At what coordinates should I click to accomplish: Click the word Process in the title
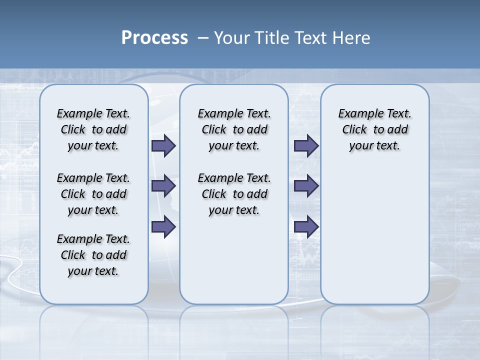[x=154, y=38]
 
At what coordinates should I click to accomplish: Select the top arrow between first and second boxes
[x=163, y=145]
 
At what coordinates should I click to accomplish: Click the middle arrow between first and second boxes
[x=163, y=186]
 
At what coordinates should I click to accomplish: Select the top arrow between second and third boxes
[x=306, y=145]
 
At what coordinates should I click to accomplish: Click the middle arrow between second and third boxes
[x=306, y=186]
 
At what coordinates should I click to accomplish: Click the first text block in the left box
[x=93, y=129]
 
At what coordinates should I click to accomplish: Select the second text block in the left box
[x=93, y=194]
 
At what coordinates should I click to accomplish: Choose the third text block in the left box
[x=93, y=255]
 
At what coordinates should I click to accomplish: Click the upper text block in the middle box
[x=234, y=129]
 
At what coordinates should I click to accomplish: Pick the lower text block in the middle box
[x=234, y=194]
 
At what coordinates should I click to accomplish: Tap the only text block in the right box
[x=374, y=129]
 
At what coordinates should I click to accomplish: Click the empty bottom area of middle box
[x=234, y=265]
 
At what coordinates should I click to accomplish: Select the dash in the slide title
[x=203, y=38]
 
